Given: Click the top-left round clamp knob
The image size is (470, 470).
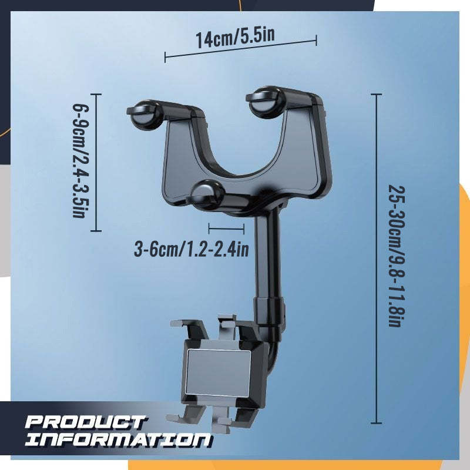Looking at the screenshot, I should [x=145, y=115].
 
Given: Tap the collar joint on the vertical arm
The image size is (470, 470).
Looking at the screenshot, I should [x=268, y=308].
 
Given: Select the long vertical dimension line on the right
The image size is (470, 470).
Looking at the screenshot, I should [x=377, y=258].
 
